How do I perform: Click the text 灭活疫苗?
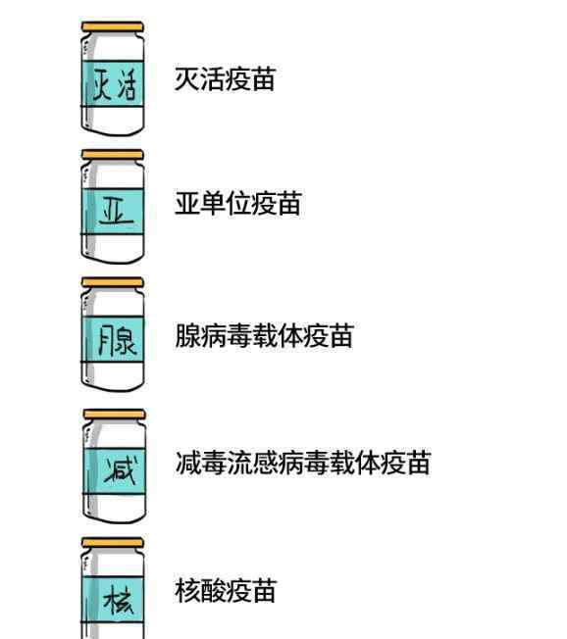[x=225, y=79]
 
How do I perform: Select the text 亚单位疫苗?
[x=238, y=203]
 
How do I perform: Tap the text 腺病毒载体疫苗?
[x=264, y=336]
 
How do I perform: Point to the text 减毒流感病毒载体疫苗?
[x=303, y=463]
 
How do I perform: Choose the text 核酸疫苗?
[x=226, y=591]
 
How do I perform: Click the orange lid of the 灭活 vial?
[x=113, y=26]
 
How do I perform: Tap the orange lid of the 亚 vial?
[x=113, y=155]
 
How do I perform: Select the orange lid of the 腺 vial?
[x=113, y=282]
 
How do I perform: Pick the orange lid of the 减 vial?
[x=114, y=415]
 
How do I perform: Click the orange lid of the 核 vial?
[x=113, y=543]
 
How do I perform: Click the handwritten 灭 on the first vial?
[x=101, y=84]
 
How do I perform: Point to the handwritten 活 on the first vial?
[x=126, y=85]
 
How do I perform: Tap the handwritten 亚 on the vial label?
[x=116, y=211]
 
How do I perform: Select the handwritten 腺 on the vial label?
[x=117, y=339]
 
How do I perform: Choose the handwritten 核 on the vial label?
[x=119, y=600]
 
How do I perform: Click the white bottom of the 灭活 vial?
[x=113, y=121]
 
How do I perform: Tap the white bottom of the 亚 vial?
[x=113, y=248]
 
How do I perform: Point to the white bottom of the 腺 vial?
[x=113, y=376]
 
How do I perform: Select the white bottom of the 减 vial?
[x=115, y=509]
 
